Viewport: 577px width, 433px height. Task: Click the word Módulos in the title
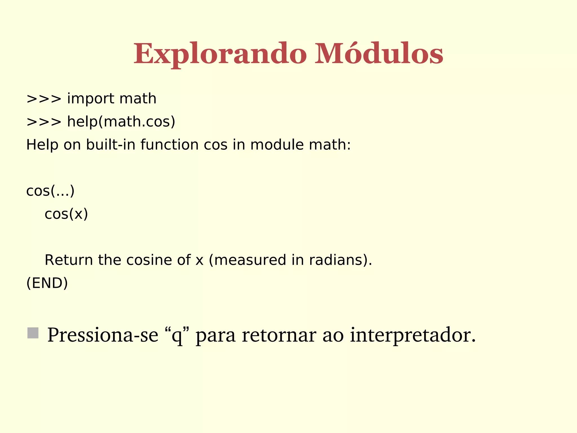[379, 54]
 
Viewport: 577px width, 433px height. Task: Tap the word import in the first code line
[90, 99]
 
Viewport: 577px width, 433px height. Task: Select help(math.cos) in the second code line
[121, 122]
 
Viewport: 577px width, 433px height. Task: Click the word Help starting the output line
[42, 145]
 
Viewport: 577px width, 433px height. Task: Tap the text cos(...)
[50, 191]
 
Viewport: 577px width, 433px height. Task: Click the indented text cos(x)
[66, 214]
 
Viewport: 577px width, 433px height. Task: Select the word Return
[68, 260]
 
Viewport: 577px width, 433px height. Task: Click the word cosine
[149, 260]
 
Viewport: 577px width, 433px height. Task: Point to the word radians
[335, 260]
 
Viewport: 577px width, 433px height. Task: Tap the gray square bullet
[33, 333]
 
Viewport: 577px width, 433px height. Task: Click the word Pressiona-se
[103, 335]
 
